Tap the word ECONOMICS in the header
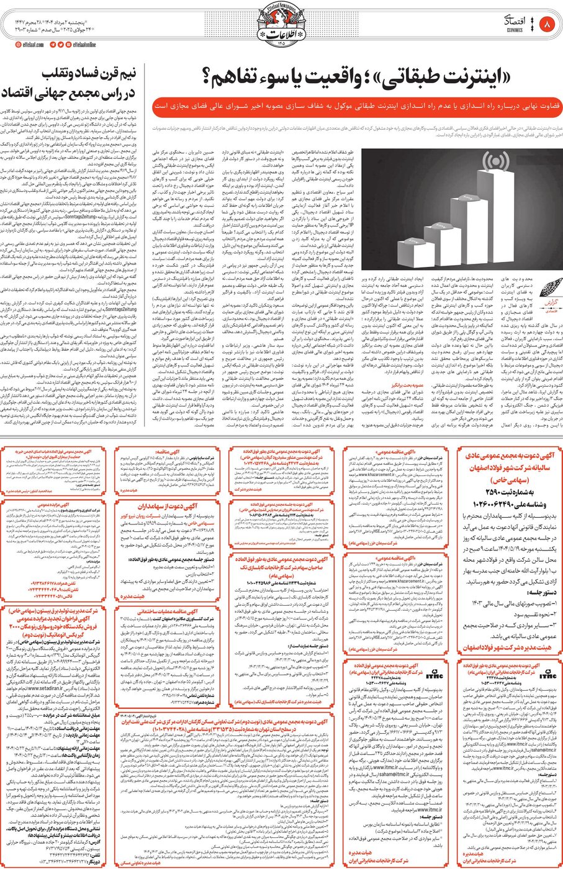(x=515, y=30)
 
